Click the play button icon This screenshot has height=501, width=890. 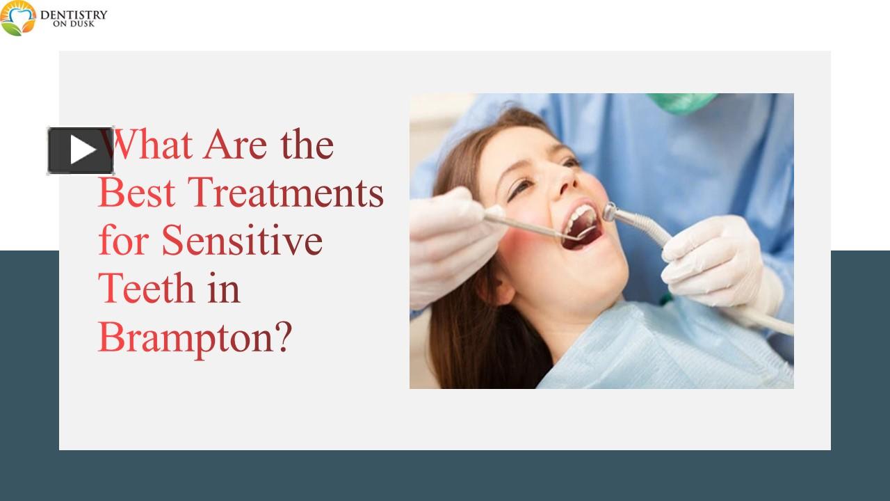coord(81,150)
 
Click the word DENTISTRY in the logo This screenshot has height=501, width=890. coord(74,14)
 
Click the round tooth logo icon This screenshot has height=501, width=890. coord(18,19)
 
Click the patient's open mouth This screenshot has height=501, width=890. coord(583,224)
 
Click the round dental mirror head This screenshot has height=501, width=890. coord(586,233)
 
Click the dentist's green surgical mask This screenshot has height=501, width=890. coord(681,102)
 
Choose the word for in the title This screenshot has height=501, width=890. coord(125,241)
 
